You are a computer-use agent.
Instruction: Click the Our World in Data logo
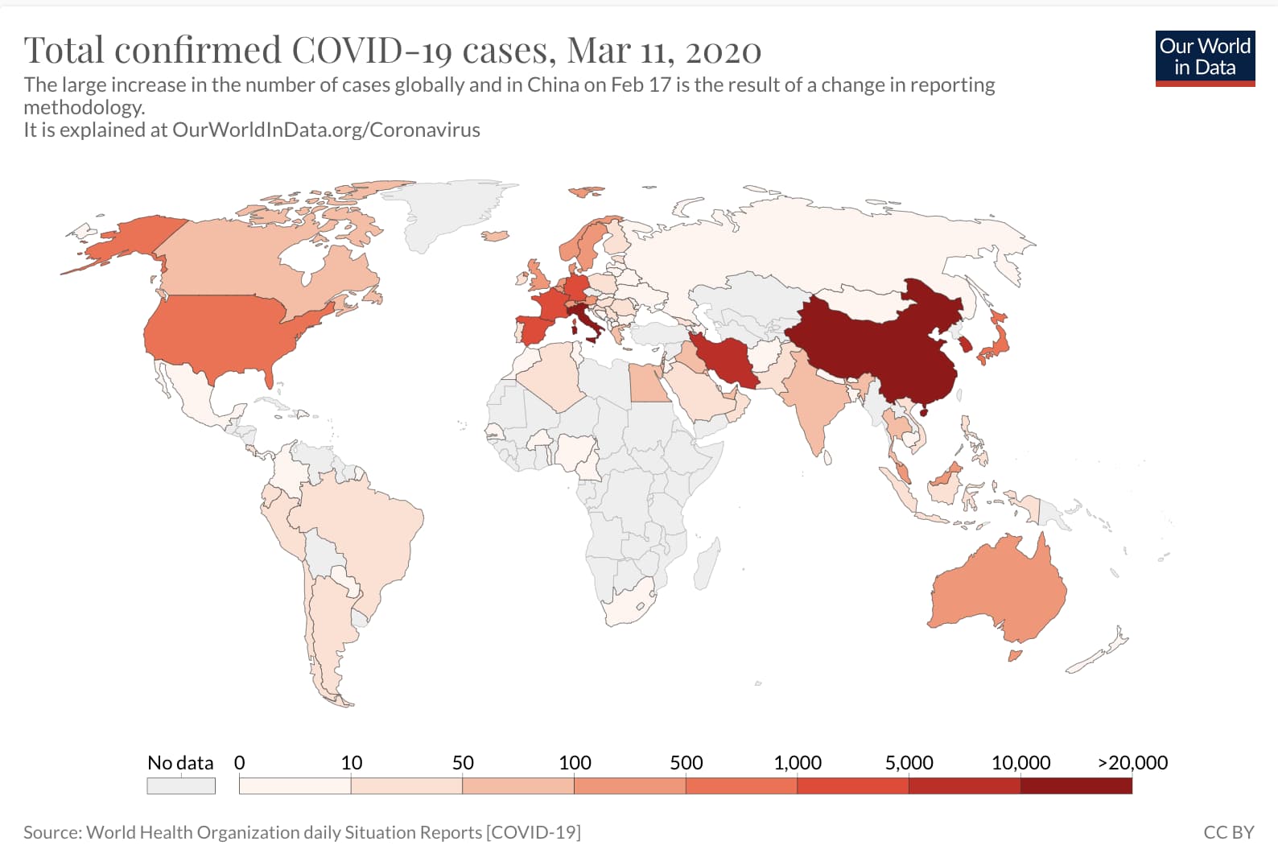tap(1205, 57)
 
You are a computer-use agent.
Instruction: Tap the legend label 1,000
tap(797, 762)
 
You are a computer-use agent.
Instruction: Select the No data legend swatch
tap(181, 786)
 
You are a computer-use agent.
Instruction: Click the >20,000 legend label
tap(1132, 762)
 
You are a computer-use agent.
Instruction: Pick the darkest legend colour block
tap(1076, 786)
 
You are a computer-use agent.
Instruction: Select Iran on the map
tap(728, 358)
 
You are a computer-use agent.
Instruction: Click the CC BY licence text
tap(1228, 832)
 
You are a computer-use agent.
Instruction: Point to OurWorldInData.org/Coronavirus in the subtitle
tap(326, 130)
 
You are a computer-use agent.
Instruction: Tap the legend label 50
tap(463, 762)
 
